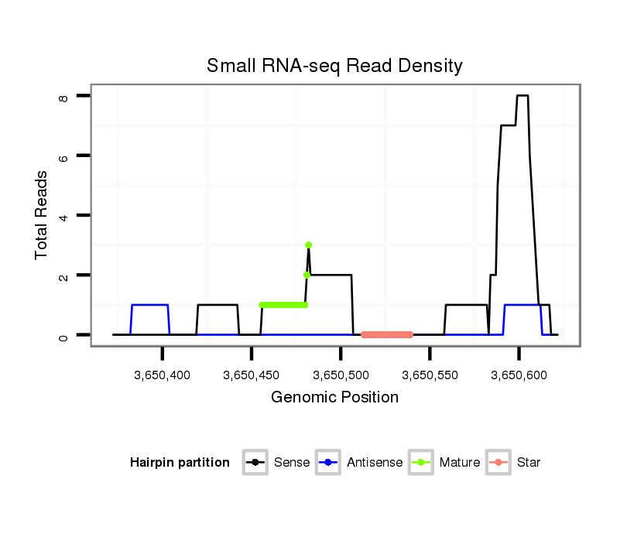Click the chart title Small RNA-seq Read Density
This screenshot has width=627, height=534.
click(x=334, y=66)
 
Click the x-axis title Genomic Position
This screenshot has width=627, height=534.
click(x=334, y=398)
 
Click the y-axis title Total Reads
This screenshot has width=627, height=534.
click(x=42, y=214)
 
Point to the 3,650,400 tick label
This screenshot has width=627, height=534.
click(x=163, y=375)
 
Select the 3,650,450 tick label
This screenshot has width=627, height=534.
click(x=252, y=375)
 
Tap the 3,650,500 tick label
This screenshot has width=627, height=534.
click(x=341, y=375)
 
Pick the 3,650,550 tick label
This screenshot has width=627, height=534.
click(x=430, y=375)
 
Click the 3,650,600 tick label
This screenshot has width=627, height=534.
click(x=519, y=375)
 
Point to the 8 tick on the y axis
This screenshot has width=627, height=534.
click(x=64, y=96)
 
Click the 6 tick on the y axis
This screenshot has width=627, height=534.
click(x=64, y=156)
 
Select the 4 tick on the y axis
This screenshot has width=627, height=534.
click(x=64, y=215)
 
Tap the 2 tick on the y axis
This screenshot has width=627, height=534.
click(x=64, y=276)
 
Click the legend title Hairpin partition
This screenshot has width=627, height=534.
click(x=180, y=463)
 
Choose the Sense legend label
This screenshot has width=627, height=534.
click(x=292, y=463)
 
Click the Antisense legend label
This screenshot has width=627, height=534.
click(x=375, y=463)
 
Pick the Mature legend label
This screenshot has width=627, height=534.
click(x=459, y=463)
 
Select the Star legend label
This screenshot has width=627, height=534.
click(x=529, y=463)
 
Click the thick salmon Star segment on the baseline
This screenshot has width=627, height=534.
click(x=387, y=334)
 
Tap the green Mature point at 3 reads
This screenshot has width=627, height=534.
click(x=309, y=245)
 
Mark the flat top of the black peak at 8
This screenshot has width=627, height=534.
click(x=522, y=96)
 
